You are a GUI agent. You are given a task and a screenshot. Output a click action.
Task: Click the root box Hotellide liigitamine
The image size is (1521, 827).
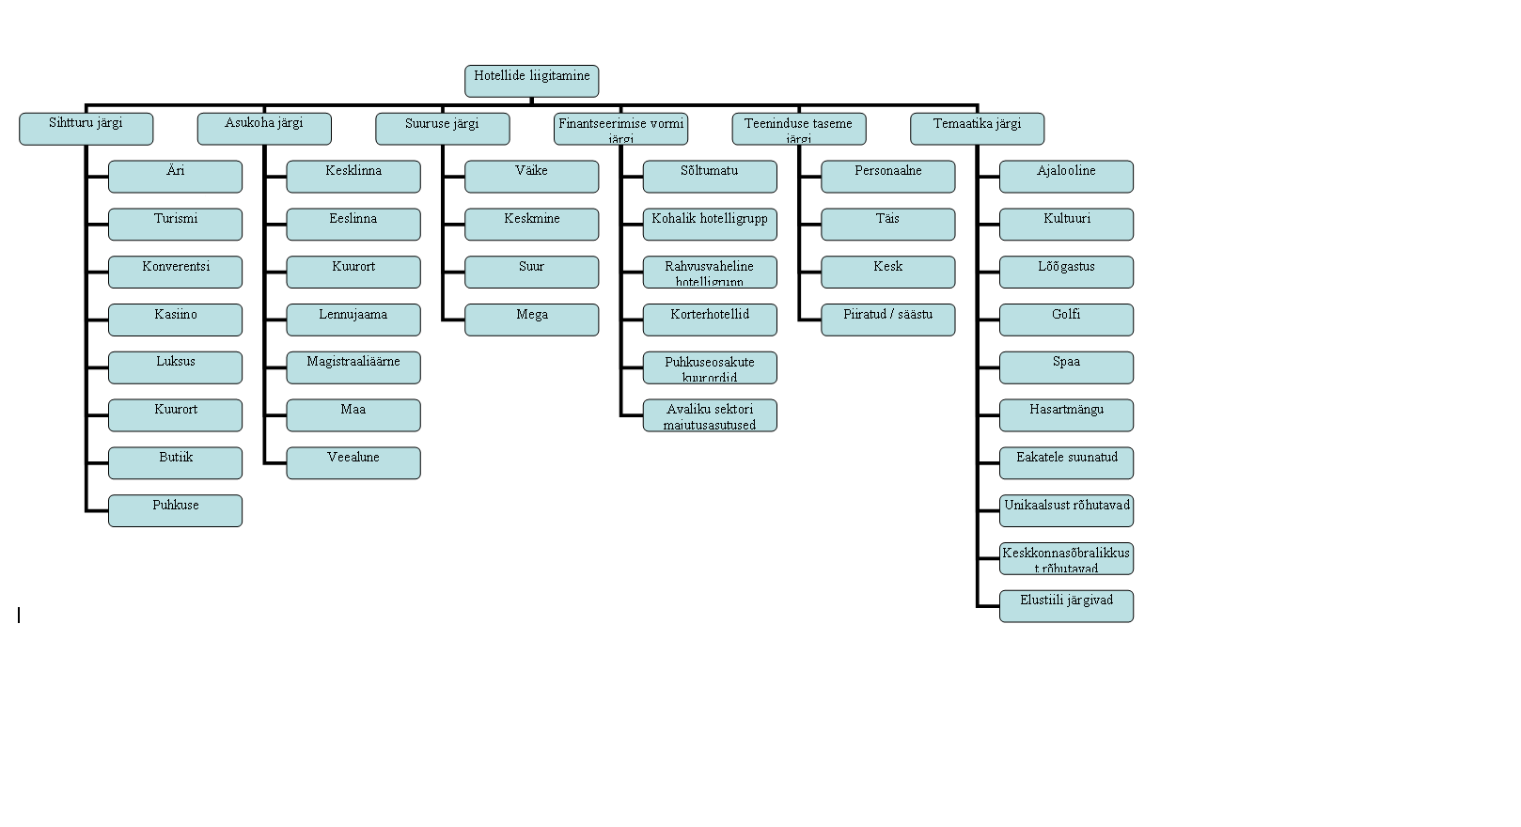pyautogui.click(x=531, y=81)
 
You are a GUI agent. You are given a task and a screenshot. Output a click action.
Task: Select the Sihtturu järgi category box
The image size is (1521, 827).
pyautogui.click(x=86, y=129)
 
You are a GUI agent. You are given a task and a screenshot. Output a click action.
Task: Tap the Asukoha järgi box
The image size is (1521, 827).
pyautogui.click(x=264, y=129)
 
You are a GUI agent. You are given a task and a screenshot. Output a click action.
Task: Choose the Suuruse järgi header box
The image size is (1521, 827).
pyautogui.click(x=442, y=129)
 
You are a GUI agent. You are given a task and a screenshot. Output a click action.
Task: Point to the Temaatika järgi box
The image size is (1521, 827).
pyautogui.click(x=977, y=129)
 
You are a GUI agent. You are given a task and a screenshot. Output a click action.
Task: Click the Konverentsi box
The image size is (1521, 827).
pyautogui.click(x=175, y=272)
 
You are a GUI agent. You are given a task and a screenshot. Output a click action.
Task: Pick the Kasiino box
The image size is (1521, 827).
pyautogui.click(x=175, y=320)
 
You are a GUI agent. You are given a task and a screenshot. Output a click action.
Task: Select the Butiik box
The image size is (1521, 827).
pyautogui.click(x=175, y=462)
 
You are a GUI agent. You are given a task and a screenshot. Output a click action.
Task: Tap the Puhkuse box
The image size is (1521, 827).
pyautogui.click(x=175, y=510)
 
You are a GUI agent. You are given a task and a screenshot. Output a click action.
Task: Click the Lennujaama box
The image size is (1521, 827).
pyautogui.click(x=353, y=320)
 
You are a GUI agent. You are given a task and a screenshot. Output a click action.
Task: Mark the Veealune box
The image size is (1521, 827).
pyautogui.click(x=353, y=462)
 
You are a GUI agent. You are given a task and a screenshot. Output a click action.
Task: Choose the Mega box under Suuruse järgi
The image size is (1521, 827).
pyautogui.click(x=531, y=320)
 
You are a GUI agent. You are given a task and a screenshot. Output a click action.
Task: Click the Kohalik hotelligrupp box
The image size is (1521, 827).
pyautogui.click(x=710, y=224)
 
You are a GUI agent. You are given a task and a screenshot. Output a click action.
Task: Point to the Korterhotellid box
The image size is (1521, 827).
pyautogui.click(x=710, y=320)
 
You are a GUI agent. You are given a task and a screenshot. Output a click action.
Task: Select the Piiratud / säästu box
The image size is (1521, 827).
pyautogui.click(x=887, y=320)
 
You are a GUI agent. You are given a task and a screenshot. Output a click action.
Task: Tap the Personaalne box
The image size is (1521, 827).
pyautogui.click(x=887, y=176)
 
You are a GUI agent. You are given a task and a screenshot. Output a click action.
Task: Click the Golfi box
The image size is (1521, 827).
pyautogui.click(x=1066, y=320)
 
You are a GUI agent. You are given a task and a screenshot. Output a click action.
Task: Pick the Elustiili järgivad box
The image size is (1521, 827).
pyautogui.click(x=1066, y=605)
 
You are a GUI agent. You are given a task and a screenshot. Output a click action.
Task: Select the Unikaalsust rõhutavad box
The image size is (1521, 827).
pyautogui.click(x=1066, y=510)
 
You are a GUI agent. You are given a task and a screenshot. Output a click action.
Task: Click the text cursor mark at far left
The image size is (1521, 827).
pyautogui.click(x=19, y=615)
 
